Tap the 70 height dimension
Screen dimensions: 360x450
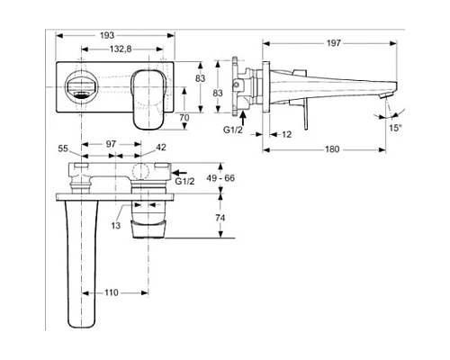[x=184, y=117]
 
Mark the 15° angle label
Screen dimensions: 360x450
[x=395, y=129]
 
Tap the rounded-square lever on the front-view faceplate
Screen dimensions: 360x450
[x=146, y=96]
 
